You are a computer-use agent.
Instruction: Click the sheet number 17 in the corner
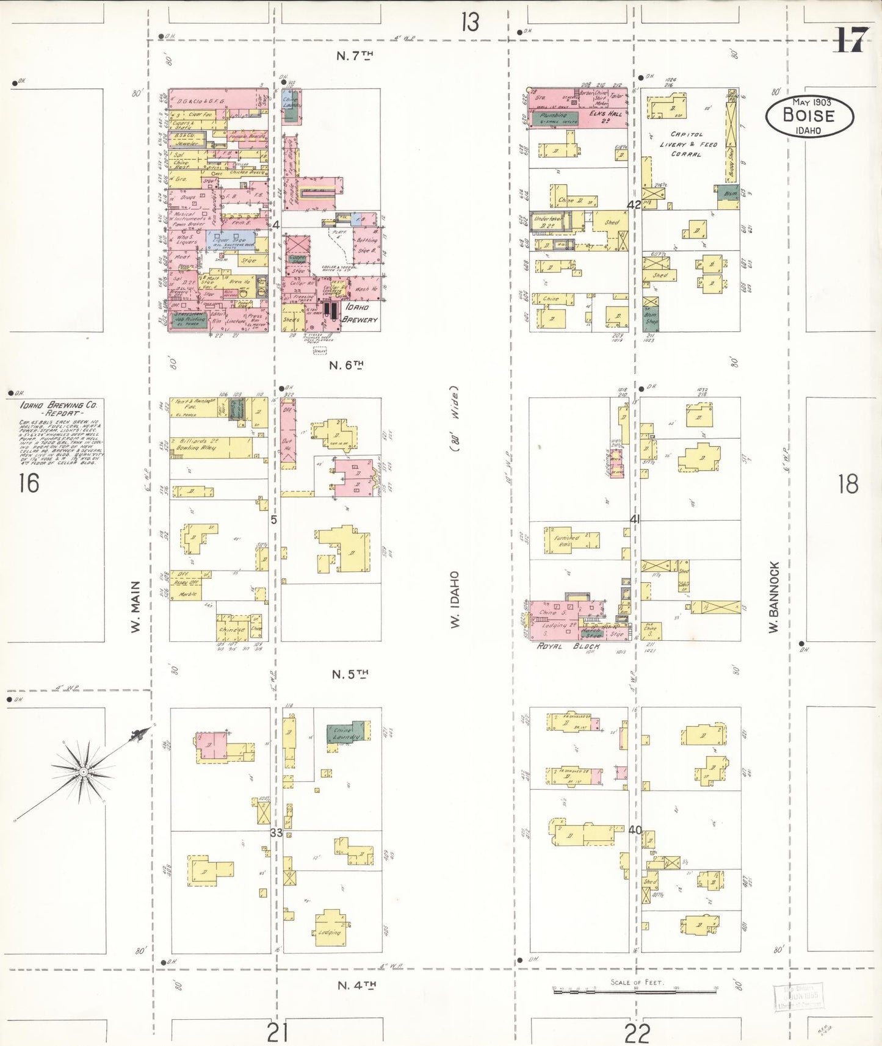(850, 41)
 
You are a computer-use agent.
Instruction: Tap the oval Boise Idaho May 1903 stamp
(809, 115)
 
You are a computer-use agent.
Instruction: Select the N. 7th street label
(355, 56)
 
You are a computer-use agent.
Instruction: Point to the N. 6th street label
(346, 366)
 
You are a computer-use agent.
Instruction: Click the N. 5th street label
(350, 674)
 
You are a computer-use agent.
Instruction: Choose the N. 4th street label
(357, 985)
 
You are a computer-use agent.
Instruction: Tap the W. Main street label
(136, 606)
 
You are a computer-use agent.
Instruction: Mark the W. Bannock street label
(774, 597)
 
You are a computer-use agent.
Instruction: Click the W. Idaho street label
(455, 599)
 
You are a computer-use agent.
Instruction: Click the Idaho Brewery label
(360, 313)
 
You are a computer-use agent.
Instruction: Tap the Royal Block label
(568, 646)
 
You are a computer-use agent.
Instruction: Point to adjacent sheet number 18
(848, 484)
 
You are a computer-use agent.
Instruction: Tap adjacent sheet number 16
(29, 483)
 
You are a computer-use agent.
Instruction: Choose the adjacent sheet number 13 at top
(470, 23)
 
